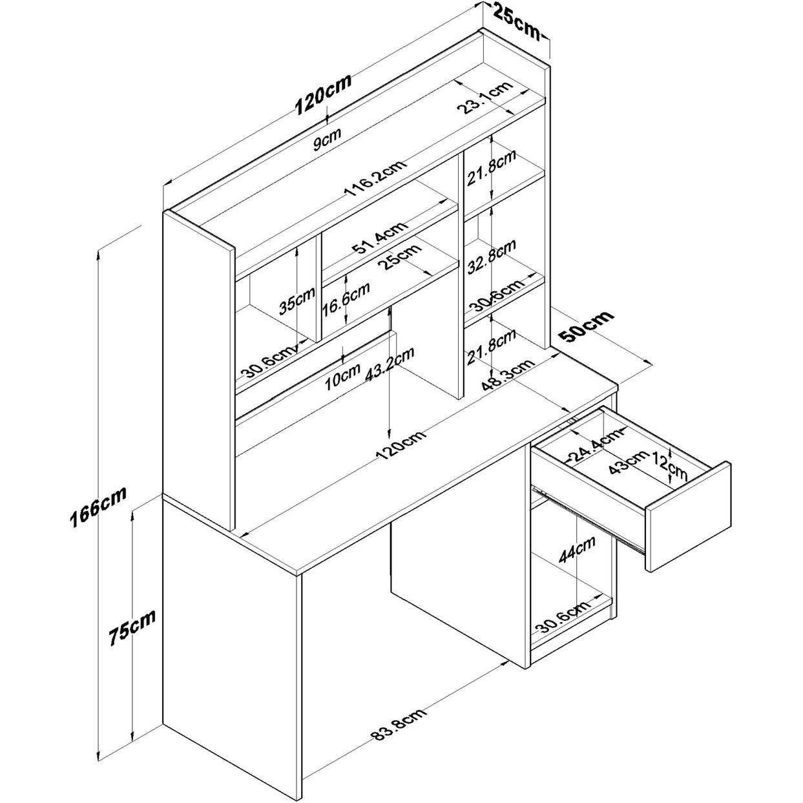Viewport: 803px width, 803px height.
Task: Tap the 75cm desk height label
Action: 132,625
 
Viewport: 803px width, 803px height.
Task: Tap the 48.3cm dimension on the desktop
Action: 508,375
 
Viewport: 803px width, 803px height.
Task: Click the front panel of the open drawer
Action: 689,517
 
